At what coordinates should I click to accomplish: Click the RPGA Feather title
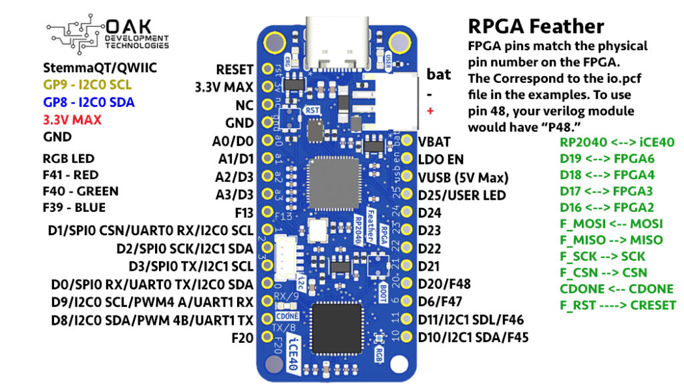[x=536, y=26]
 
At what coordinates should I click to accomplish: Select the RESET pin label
[x=234, y=70]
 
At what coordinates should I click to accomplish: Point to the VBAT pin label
[x=434, y=142]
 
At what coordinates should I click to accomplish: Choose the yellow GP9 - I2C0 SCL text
[x=88, y=85]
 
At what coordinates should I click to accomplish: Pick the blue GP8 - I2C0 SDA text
[x=88, y=102]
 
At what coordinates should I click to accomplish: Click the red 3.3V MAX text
[x=71, y=120]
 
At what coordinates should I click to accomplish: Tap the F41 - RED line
[x=71, y=175]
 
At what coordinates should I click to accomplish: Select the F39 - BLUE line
[x=73, y=207]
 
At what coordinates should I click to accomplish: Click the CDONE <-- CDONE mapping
[x=617, y=289]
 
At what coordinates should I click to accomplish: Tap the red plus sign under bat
[x=430, y=110]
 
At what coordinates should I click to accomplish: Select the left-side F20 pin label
[x=242, y=338]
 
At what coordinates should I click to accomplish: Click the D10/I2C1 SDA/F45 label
[x=473, y=337]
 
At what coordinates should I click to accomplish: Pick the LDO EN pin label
[x=440, y=160]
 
